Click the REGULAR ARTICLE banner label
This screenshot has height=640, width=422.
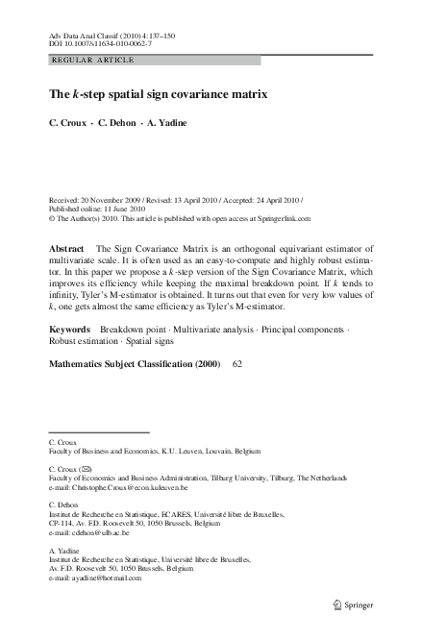point(92,60)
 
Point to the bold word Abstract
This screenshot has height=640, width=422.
point(66,248)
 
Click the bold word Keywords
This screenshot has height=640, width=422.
point(70,330)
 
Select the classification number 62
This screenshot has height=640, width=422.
point(238,365)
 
